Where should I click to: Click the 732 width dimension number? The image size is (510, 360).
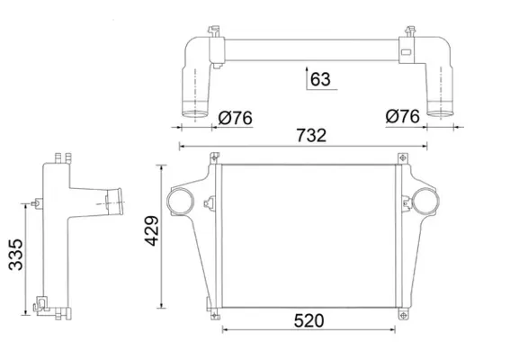coord(311,136)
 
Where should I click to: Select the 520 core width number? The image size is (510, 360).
coord(309,320)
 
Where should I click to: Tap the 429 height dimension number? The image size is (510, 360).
coord(152,230)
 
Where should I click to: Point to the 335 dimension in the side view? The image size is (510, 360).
coord(15,255)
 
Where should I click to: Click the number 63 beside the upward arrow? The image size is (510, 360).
coord(320,79)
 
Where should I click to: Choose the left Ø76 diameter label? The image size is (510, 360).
coord(235,118)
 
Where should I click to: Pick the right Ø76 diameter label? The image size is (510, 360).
coord(403,116)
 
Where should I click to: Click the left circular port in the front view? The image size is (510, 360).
coord(180,202)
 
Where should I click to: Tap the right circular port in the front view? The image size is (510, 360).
coord(425,202)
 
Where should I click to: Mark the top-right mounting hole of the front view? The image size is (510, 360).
coord(403,158)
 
